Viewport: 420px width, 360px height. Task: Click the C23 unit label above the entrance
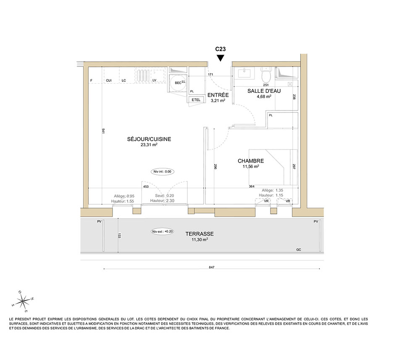(220, 49)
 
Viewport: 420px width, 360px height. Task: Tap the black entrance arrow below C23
(220, 58)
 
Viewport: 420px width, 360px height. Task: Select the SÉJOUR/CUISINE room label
(149, 139)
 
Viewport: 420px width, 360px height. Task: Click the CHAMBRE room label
(251, 161)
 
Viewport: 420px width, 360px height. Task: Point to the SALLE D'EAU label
(264, 91)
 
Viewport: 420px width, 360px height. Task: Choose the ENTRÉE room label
(218, 95)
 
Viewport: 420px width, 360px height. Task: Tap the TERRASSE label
(199, 234)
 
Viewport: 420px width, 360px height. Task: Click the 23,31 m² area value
(149, 145)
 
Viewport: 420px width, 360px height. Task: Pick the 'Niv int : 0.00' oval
(162, 172)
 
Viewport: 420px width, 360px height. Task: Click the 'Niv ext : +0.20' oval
(162, 231)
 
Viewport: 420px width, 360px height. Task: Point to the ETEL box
(196, 100)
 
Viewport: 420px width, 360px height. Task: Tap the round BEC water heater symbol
(178, 83)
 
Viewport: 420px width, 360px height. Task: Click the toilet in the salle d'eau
(266, 74)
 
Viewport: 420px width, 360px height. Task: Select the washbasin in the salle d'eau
(244, 73)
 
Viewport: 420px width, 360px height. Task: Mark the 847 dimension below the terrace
(212, 267)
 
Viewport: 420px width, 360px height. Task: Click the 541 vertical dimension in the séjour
(103, 131)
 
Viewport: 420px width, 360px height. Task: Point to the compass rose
(24, 302)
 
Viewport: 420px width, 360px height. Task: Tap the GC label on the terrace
(299, 250)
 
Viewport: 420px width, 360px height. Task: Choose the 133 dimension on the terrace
(119, 236)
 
